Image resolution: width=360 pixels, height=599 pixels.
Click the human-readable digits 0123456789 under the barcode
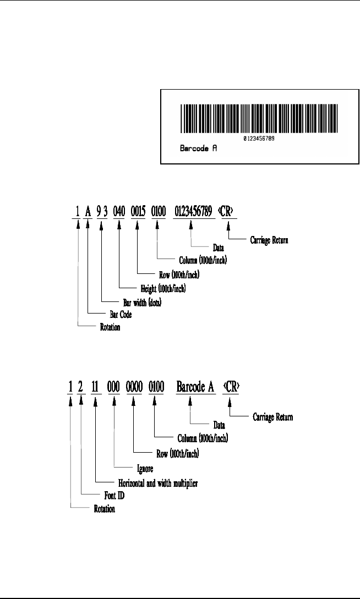[259, 139]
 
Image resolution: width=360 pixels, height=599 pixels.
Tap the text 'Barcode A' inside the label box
[199, 149]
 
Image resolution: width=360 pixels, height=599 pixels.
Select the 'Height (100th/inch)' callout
[155, 287]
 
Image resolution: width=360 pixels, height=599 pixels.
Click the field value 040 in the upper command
[119, 211]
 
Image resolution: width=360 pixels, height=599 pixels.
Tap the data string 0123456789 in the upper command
[193, 211]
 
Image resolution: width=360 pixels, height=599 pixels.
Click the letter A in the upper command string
[89, 211]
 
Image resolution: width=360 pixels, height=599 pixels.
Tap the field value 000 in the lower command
[116, 387]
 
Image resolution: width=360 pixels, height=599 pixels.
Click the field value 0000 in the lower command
[136, 387]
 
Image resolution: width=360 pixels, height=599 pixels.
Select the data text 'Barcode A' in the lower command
[194, 387]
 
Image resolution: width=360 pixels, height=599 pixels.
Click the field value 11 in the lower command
[97, 387]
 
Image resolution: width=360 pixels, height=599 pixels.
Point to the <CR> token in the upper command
[226, 211]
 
